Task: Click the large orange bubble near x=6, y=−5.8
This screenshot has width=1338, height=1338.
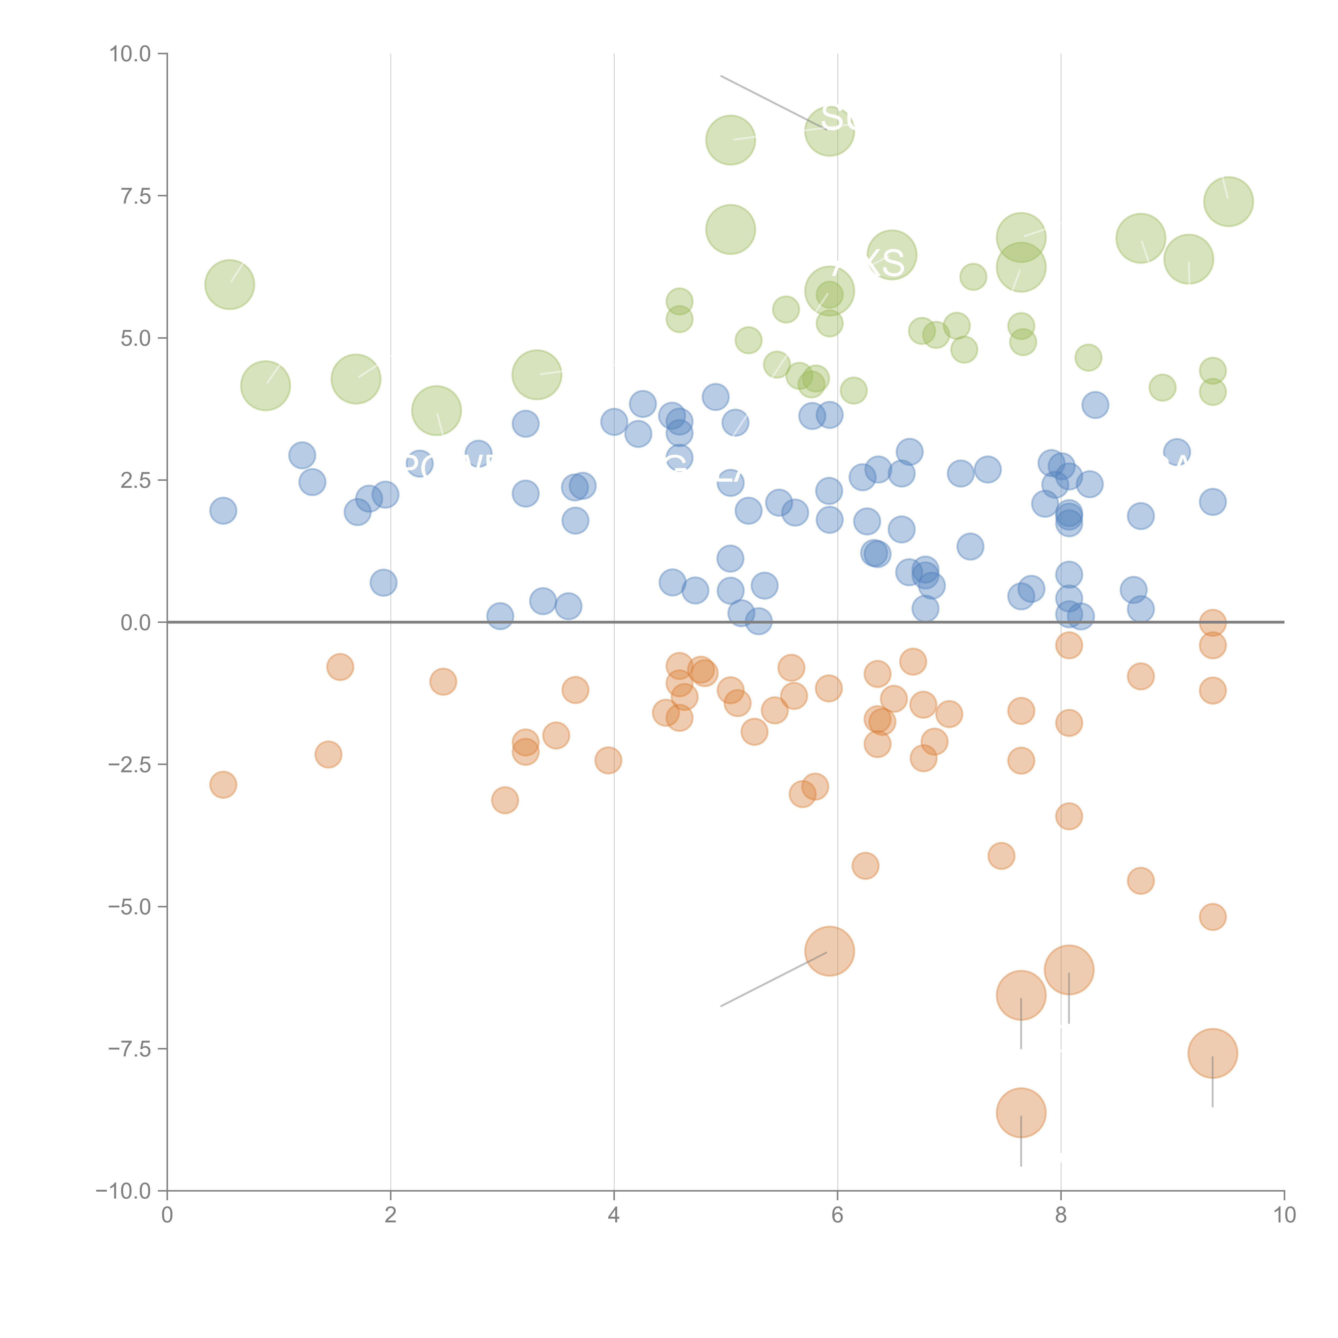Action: pos(830,951)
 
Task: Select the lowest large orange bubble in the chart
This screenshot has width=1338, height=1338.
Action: pos(1021,1113)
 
